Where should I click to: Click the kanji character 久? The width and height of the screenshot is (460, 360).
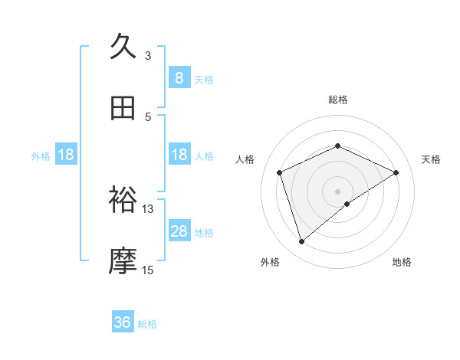(x=123, y=47)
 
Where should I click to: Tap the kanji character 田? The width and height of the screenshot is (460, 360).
(x=123, y=109)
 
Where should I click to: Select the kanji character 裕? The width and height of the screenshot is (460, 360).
(x=123, y=200)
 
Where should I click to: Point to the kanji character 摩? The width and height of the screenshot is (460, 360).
(x=123, y=261)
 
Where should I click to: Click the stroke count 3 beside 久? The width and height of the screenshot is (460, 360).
(x=148, y=55)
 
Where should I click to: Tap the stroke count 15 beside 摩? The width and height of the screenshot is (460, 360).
(x=148, y=270)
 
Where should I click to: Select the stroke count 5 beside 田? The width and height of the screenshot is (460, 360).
(x=148, y=116)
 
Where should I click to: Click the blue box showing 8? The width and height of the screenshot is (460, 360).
(x=179, y=78)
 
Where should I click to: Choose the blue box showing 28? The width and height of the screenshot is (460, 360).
(x=179, y=231)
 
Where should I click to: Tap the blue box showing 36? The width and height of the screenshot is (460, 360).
(x=123, y=323)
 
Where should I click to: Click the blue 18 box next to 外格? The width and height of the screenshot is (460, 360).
(x=66, y=155)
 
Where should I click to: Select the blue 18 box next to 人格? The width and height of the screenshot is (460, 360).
(x=179, y=155)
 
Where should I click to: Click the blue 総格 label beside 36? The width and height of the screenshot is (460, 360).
(x=147, y=324)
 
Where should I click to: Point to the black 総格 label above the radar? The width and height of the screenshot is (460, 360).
(x=337, y=100)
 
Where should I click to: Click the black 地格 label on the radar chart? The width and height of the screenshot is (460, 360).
(x=402, y=262)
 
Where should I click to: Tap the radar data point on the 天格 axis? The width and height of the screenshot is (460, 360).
(x=396, y=172)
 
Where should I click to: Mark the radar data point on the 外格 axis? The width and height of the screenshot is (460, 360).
(x=301, y=242)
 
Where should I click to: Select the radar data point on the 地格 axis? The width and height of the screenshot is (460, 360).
(x=347, y=204)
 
